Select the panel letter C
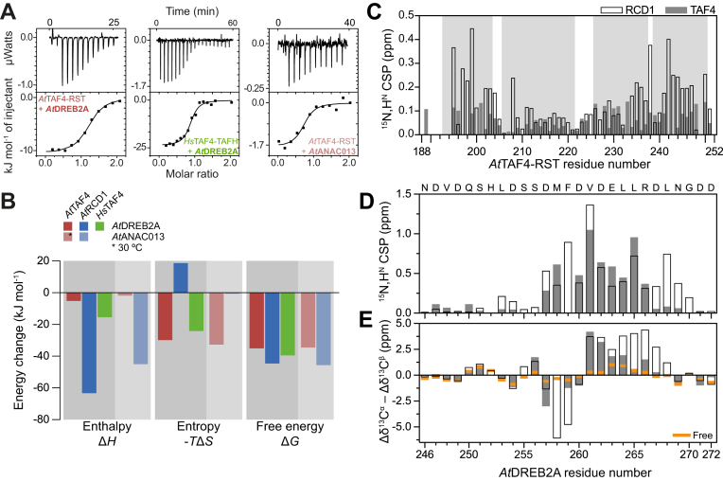click(x=383, y=10)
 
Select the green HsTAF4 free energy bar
click(x=289, y=323)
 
